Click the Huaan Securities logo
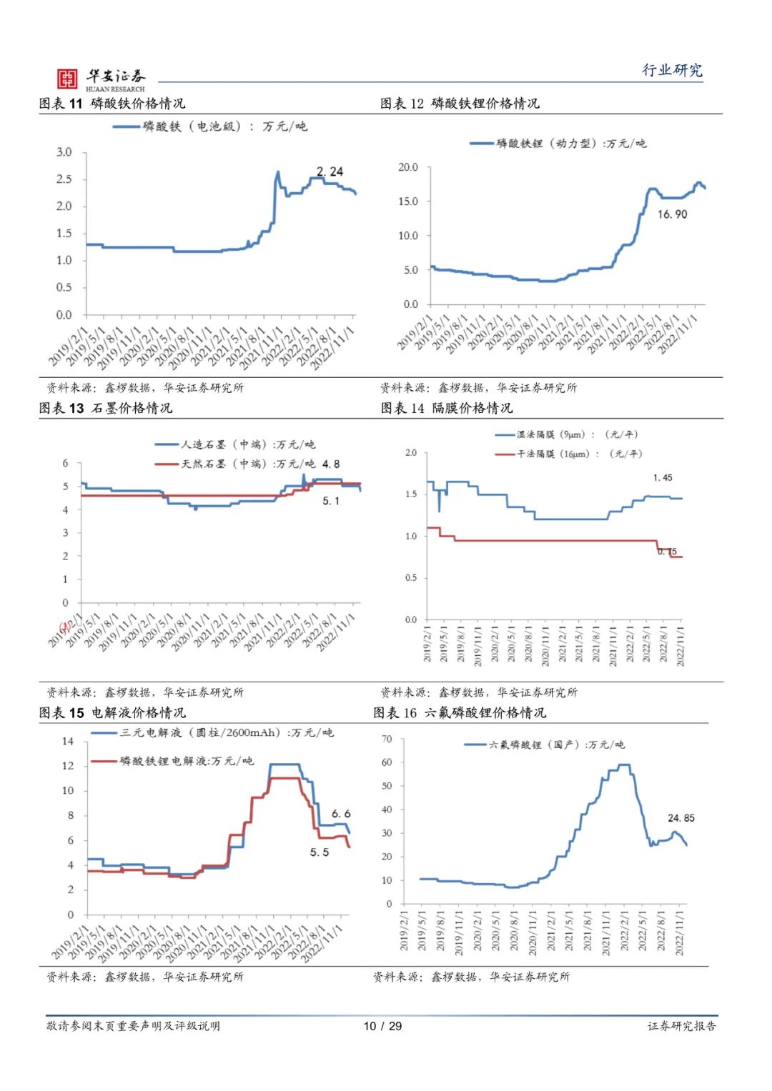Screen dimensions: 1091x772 click(101, 79)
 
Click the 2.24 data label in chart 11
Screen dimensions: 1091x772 click(330, 171)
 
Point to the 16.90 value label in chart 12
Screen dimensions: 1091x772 click(673, 214)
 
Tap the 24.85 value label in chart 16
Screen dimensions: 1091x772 click(681, 818)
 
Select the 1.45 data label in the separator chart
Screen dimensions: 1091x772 click(663, 477)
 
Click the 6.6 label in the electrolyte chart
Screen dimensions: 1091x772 click(341, 814)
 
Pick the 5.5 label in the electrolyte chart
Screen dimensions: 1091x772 click(320, 852)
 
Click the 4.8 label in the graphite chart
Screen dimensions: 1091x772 click(331, 464)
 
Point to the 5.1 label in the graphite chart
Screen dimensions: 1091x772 click(331, 501)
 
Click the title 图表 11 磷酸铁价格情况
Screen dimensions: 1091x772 click(112, 104)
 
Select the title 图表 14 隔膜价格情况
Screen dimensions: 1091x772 click(446, 408)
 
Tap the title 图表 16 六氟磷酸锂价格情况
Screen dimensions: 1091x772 click(459, 713)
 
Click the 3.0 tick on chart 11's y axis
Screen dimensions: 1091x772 click(64, 152)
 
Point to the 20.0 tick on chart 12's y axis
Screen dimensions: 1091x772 click(408, 167)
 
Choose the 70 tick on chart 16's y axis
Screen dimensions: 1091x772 click(387, 739)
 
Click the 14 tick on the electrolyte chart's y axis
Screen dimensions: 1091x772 click(68, 742)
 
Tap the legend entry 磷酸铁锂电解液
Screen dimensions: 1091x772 click(186, 761)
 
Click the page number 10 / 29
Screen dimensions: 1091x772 click(382, 1026)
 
